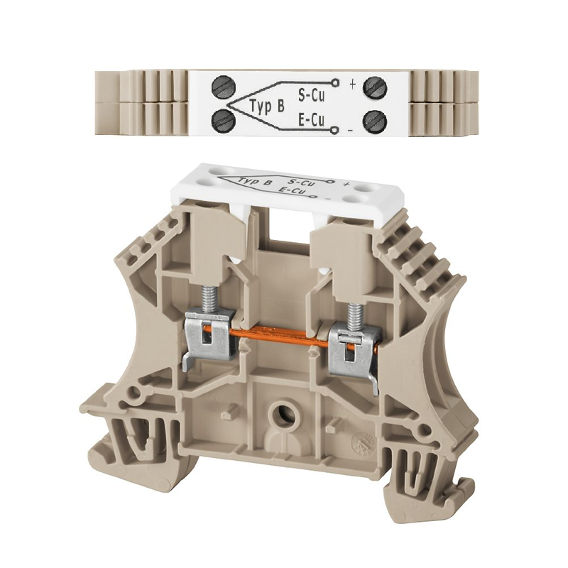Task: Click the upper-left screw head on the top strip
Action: [223, 88]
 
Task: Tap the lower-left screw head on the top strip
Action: [223, 121]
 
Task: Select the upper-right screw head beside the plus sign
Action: [375, 88]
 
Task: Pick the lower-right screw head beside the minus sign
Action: [375, 121]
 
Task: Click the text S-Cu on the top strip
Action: [311, 95]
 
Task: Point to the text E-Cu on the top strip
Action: [311, 120]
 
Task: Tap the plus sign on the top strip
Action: [352, 84]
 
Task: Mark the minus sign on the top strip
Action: [350, 130]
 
